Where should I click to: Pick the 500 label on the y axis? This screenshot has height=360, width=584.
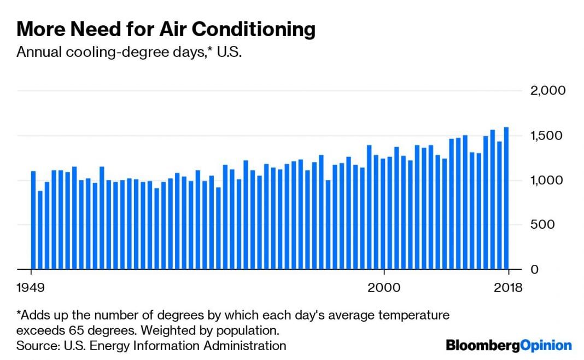553,225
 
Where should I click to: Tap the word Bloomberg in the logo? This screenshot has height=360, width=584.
482,346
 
